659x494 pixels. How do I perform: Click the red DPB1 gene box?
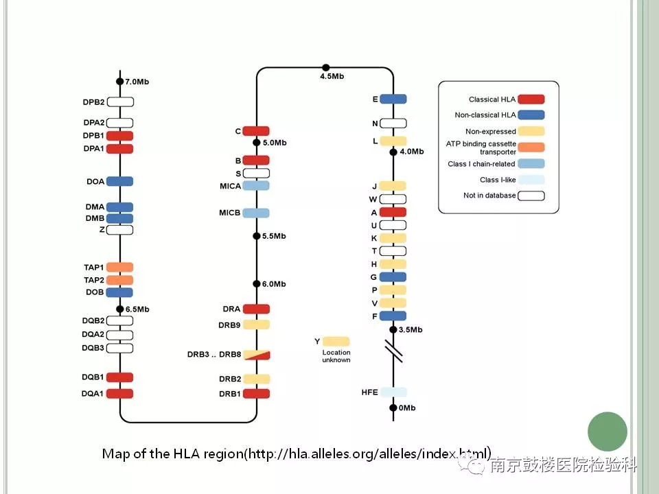[x=119, y=136]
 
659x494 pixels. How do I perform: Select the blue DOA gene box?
[x=119, y=181]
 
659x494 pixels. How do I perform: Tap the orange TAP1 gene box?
[x=119, y=267]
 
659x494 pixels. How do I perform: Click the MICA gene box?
[x=256, y=186]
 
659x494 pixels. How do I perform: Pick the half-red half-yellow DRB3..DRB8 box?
[x=256, y=355]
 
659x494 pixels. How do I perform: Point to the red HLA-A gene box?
[x=393, y=213]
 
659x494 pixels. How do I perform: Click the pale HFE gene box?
[x=393, y=392]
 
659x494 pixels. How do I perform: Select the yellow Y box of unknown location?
[x=336, y=341]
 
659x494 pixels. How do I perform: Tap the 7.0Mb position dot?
[x=119, y=82]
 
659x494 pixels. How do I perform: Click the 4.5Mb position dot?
[x=326, y=67]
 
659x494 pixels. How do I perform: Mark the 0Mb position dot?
[x=393, y=408]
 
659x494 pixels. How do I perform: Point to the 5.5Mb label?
[x=274, y=236]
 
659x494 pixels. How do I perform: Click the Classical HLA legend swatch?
[x=531, y=99]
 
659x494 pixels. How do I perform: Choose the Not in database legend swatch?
[x=531, y=196]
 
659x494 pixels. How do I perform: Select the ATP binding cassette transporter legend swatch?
[x=531, y=147]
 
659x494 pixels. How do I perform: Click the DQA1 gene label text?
[x=93, y=394]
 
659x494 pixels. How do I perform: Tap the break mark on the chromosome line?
[x=393, y=352]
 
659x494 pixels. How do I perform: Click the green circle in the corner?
[x=608, y=432]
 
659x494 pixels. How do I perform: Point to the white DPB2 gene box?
[x=119, y=102]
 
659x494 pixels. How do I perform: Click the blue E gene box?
[x=393, y=99]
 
